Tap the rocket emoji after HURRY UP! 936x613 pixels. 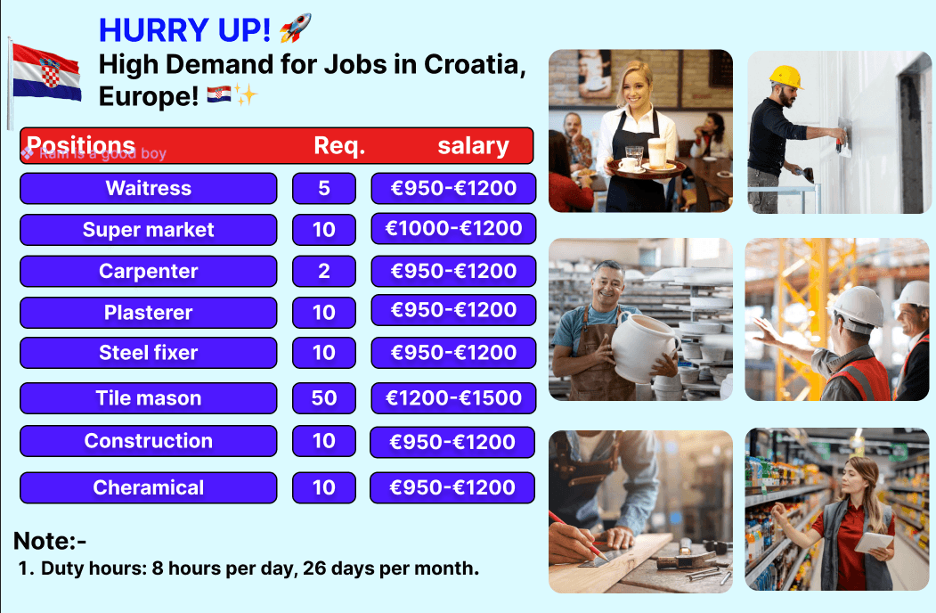295,29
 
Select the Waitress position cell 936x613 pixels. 148,188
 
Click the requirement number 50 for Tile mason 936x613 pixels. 323,398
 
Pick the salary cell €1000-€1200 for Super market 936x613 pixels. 453,229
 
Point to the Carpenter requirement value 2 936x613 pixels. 323,271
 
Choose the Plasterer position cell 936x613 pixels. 148,313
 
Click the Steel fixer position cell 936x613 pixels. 148,353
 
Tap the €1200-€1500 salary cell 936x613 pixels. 453,398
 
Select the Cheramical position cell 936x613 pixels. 148,487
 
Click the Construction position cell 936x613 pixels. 148,441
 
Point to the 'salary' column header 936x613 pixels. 473,146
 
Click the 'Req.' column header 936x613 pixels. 339,146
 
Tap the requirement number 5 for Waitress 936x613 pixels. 323,188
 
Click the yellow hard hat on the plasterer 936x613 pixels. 785,77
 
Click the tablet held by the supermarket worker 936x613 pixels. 874,541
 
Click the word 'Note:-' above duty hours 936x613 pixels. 50,541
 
